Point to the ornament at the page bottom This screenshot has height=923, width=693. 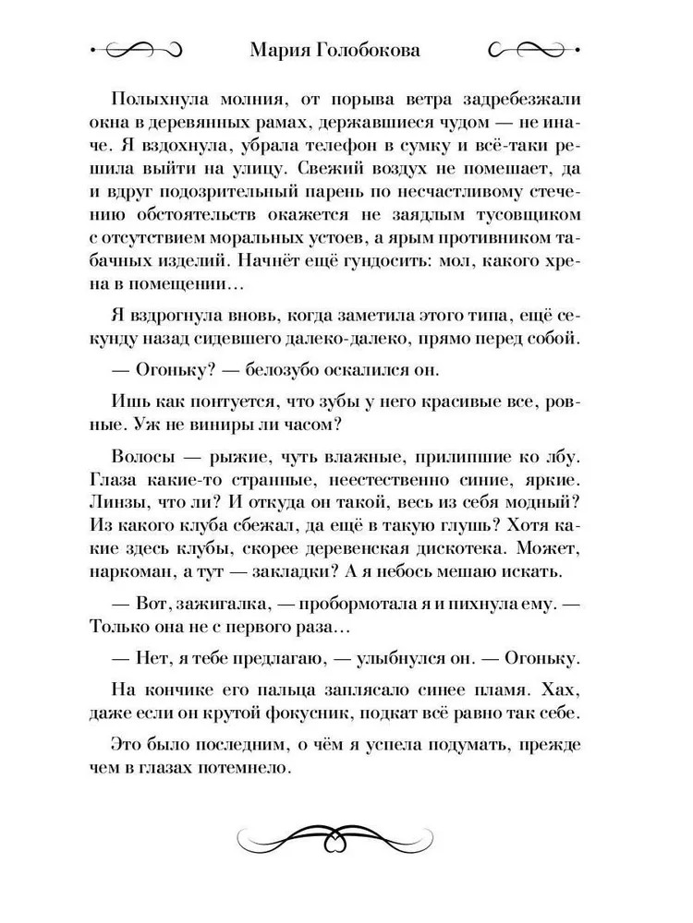coord(346,834)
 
